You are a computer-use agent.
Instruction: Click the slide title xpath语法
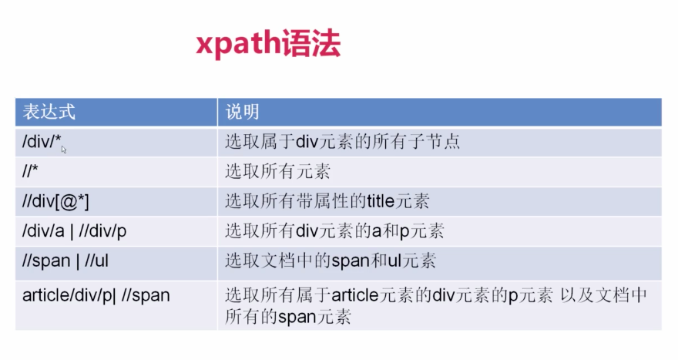pos(267,45)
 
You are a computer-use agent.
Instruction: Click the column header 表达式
pos(49,112)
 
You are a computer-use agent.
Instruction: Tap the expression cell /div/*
pos(42,142)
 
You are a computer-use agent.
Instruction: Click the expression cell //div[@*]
pos(55,201)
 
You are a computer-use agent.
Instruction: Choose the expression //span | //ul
pos(65,261)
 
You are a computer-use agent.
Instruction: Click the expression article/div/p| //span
pos(96,295)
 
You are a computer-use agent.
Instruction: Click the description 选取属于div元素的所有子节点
pos(343,142)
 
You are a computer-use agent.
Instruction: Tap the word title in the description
pos(374,201)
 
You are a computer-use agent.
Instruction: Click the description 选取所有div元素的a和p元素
pos(334,230)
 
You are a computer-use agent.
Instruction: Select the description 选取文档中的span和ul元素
pos(331,261)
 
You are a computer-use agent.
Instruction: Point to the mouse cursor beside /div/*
pos(64,150)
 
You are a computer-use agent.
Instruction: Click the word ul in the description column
pos(384,261)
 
